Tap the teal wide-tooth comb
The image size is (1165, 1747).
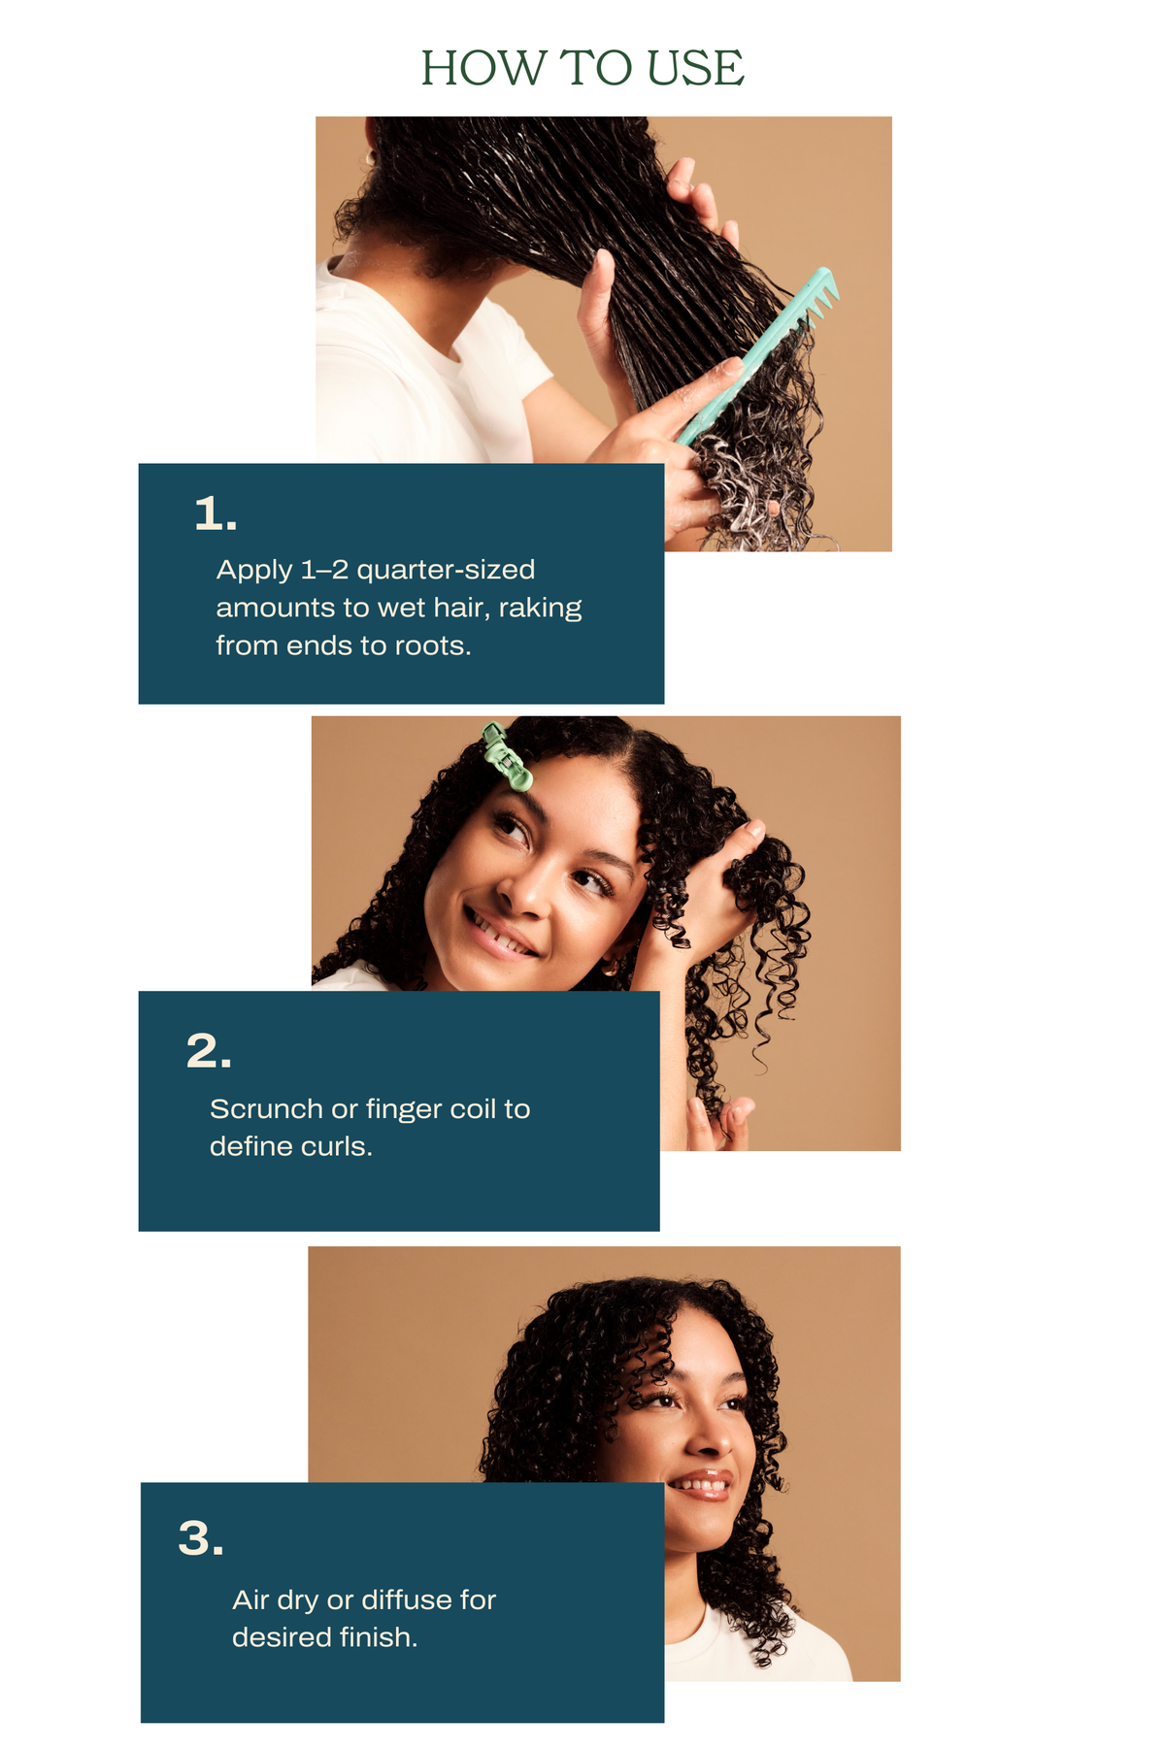click(x=758, y=354)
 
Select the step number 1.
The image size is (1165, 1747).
click(x=216, y=513)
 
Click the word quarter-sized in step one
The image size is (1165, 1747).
click(x=447, y=570)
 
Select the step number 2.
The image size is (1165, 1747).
click(x=209, y=1051)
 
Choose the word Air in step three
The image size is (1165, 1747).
click(x=250, y=1599)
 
